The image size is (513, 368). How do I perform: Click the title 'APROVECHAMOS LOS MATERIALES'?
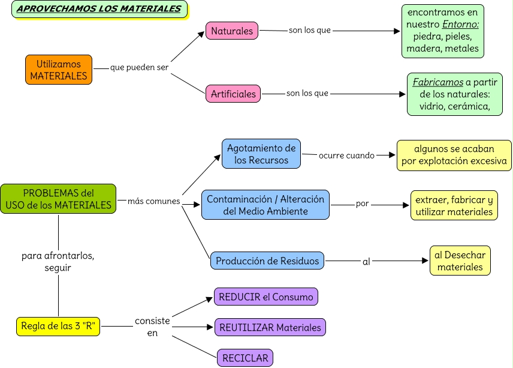coord(99,9)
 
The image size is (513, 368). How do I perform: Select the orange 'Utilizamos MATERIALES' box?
coord(59,70)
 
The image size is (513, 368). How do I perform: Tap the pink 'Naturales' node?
coord(232,31)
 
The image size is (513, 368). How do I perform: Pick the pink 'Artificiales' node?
coord(233,94)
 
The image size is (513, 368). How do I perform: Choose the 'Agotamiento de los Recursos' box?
coord(261,154)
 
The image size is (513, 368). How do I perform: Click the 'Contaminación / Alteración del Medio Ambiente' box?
coord(265,205)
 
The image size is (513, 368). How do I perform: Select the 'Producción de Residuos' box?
coord(267,261)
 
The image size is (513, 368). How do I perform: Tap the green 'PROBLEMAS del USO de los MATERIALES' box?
coord(58,199)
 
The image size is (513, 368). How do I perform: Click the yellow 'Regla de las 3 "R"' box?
coord(58,326)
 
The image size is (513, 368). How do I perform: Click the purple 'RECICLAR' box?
coord(245,358)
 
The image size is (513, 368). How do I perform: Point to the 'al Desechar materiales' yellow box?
coord(460,261)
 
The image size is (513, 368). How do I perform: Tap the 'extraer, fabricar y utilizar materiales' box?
coord(454,205)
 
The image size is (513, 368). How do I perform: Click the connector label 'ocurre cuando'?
coord(346,155)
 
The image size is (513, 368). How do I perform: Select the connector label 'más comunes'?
coord(154,201)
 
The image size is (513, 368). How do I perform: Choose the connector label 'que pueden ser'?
coord(139,67)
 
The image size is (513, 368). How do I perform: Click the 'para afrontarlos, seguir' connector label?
coord(58,262)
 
